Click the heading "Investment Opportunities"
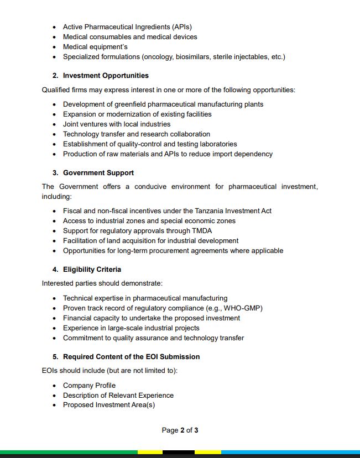click(x=106, y=75)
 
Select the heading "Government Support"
click(x=98, y=172)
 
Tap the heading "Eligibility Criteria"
click(x=92, y=270)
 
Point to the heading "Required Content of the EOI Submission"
click(x=131, y=357)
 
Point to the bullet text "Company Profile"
click(x=89, y=386)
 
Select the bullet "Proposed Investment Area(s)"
click(x=109, y=405)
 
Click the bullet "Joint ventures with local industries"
click(x=117, y=124)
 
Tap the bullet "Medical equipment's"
click(x=95, y=46)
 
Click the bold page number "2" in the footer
click(x=182, y=430)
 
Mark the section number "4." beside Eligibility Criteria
click(x=55, y=270)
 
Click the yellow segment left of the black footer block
click(x=150, y=452)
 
